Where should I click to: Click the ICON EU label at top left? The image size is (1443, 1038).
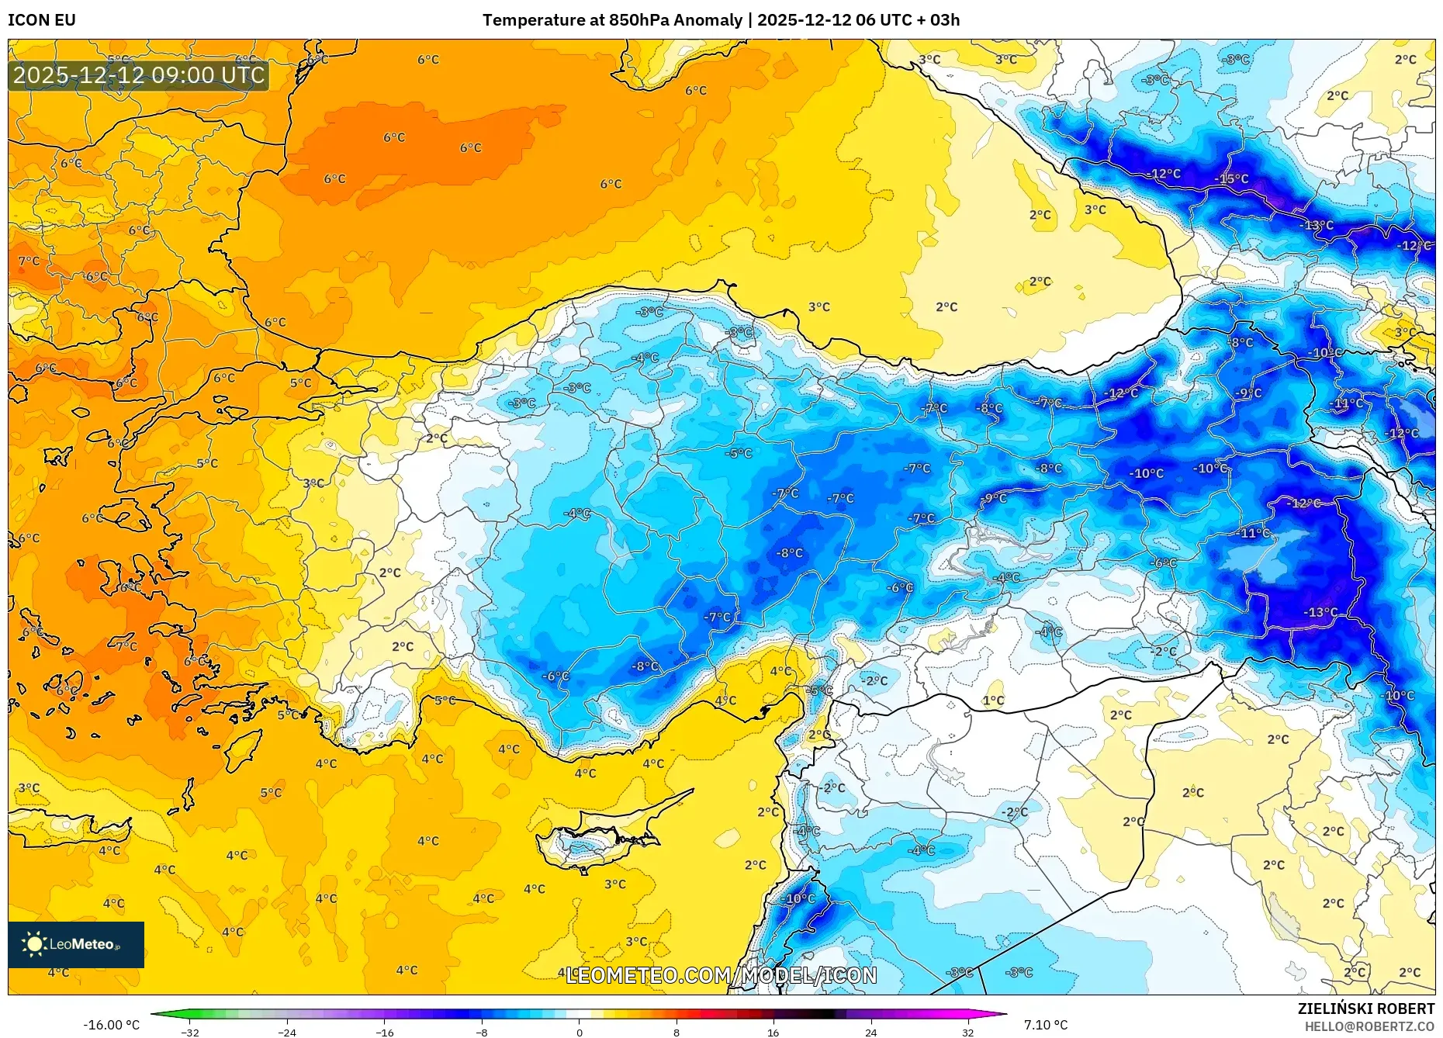(42, 20)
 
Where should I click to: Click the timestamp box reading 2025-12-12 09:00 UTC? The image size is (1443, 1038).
(139, 75)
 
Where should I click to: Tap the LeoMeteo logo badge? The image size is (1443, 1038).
(76, 944)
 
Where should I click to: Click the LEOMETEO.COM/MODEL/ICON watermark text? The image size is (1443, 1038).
(721, 975)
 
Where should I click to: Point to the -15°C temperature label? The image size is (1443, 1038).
(1232, 179)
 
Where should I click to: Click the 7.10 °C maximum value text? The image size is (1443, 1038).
(1045, 1025)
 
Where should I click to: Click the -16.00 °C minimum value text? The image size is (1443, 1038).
(112, 1025)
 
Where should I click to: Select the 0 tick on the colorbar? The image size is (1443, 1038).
(579, 1032)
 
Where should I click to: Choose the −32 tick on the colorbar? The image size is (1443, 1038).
(190, 1032)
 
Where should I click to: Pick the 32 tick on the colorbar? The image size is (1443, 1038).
(967, 1032)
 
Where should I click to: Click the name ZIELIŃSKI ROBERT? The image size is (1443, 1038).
(1365, 1009)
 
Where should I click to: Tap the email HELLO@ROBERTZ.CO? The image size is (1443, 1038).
(1369, 1026)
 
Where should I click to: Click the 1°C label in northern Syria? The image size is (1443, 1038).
(994, 701)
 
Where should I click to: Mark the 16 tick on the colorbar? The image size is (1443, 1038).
(773, 1032)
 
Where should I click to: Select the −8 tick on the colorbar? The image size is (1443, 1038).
(482, 1032)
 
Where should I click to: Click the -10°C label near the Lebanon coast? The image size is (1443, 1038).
(800, 898)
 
